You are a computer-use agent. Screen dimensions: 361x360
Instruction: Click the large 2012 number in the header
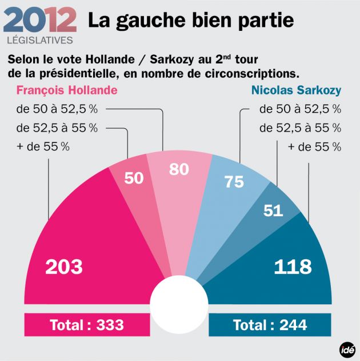click(40, 21)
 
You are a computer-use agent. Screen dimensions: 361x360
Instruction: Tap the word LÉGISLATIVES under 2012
click(40, 41)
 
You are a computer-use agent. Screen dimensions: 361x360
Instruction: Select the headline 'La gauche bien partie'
click(191, 21)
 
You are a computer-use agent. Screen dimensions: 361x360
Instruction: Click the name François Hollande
click(67, 90)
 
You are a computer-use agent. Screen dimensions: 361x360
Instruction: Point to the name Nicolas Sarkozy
click(296, 90)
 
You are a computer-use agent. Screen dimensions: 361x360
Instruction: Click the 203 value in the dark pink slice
click(64, 267)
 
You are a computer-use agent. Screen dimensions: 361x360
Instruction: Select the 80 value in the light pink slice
click(179, 169)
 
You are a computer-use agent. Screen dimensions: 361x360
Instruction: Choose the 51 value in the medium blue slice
click(273, 211)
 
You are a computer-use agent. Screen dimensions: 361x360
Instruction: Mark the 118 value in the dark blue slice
click(293, 267)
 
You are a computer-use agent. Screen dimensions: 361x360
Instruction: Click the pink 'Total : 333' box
click(87, 325)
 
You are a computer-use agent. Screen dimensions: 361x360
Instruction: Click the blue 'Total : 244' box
click(270, 325)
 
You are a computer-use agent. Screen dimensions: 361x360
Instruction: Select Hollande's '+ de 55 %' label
click(43, 146)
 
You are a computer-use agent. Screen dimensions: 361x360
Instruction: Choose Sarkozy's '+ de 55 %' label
click(314, 146)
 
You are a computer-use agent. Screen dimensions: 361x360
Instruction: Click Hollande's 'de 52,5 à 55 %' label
click(57, 128)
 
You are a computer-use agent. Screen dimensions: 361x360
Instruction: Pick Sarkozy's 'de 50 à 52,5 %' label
click(300, 109)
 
